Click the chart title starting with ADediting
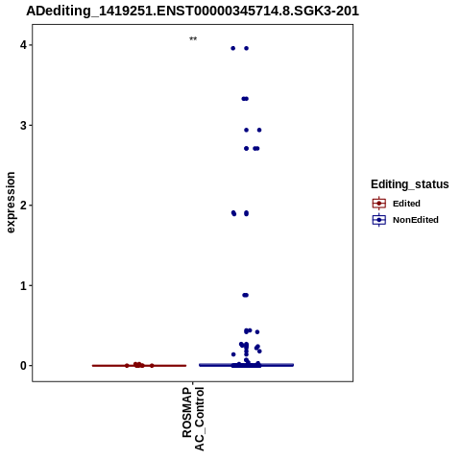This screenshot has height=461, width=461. (x=192, y=11)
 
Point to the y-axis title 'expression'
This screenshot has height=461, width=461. (x=11, y=203)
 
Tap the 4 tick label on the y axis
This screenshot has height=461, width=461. (x=24, y=45)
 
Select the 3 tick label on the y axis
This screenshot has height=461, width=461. (x=24, y=125)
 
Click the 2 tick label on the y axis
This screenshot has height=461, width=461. (x=24, y=206)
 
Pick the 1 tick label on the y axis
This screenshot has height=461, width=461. (x=24, y=285)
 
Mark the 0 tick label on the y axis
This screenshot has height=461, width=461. (x=24, y=365)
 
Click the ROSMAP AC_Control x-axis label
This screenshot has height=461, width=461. (x=193, y=419)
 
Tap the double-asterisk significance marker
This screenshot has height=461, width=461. (x=193, y=39)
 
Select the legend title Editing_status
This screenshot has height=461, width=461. (x=409, y=184)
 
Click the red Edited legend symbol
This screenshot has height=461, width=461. (x=379, y=204)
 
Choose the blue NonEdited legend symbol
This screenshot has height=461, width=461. (x=379, y=220)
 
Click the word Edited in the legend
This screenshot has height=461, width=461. (x=406, y=204)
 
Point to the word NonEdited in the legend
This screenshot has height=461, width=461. (x=416, y=220)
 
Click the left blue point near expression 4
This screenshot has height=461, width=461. (x=233, y=48)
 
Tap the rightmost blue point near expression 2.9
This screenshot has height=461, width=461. (x=259, y=130)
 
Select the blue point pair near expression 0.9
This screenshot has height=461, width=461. (x=245, y=295)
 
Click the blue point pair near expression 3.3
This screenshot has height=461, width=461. (x=245, y=99)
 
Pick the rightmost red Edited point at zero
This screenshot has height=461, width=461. (x=152, y=366)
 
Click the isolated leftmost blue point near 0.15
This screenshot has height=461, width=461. (x=233, y=354)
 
